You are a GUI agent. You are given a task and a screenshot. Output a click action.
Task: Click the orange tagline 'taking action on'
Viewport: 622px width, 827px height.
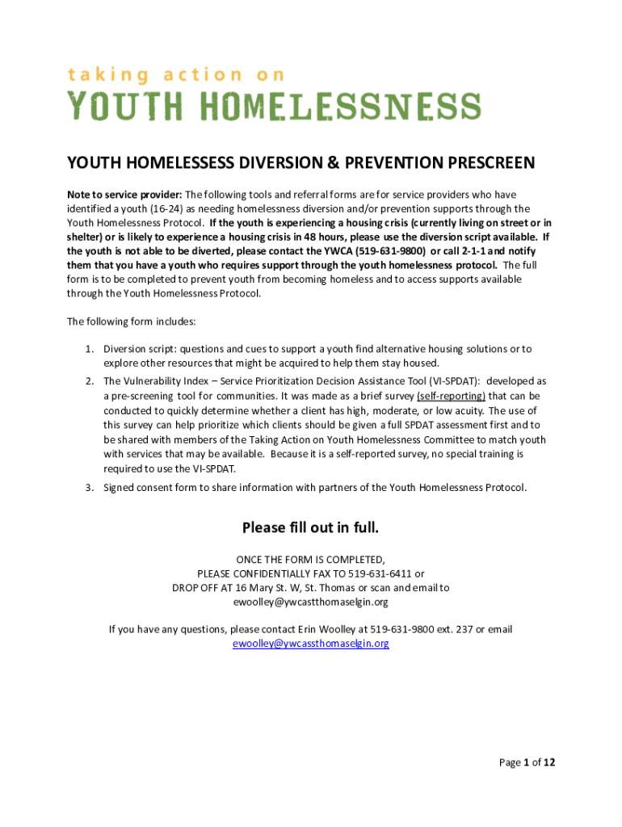coord(175,75)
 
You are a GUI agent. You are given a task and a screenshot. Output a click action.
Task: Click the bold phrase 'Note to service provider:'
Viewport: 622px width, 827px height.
coord(124,195)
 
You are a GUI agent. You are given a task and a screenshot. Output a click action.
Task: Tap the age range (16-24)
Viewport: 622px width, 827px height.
coord(165,208)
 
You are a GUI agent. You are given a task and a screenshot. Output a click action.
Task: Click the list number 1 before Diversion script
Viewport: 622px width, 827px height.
coord(90,349)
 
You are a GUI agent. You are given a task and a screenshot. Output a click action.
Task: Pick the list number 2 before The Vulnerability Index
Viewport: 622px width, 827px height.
coord(90,380)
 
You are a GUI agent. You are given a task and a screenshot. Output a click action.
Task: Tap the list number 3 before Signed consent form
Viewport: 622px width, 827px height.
coord(90,487)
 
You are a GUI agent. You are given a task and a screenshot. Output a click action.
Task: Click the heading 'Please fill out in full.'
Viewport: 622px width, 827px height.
coord(311,528)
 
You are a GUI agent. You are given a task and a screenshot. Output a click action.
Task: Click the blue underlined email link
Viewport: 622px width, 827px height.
coord(311,644)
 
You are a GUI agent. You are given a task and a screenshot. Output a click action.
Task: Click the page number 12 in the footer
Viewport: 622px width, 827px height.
coord(549,762)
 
